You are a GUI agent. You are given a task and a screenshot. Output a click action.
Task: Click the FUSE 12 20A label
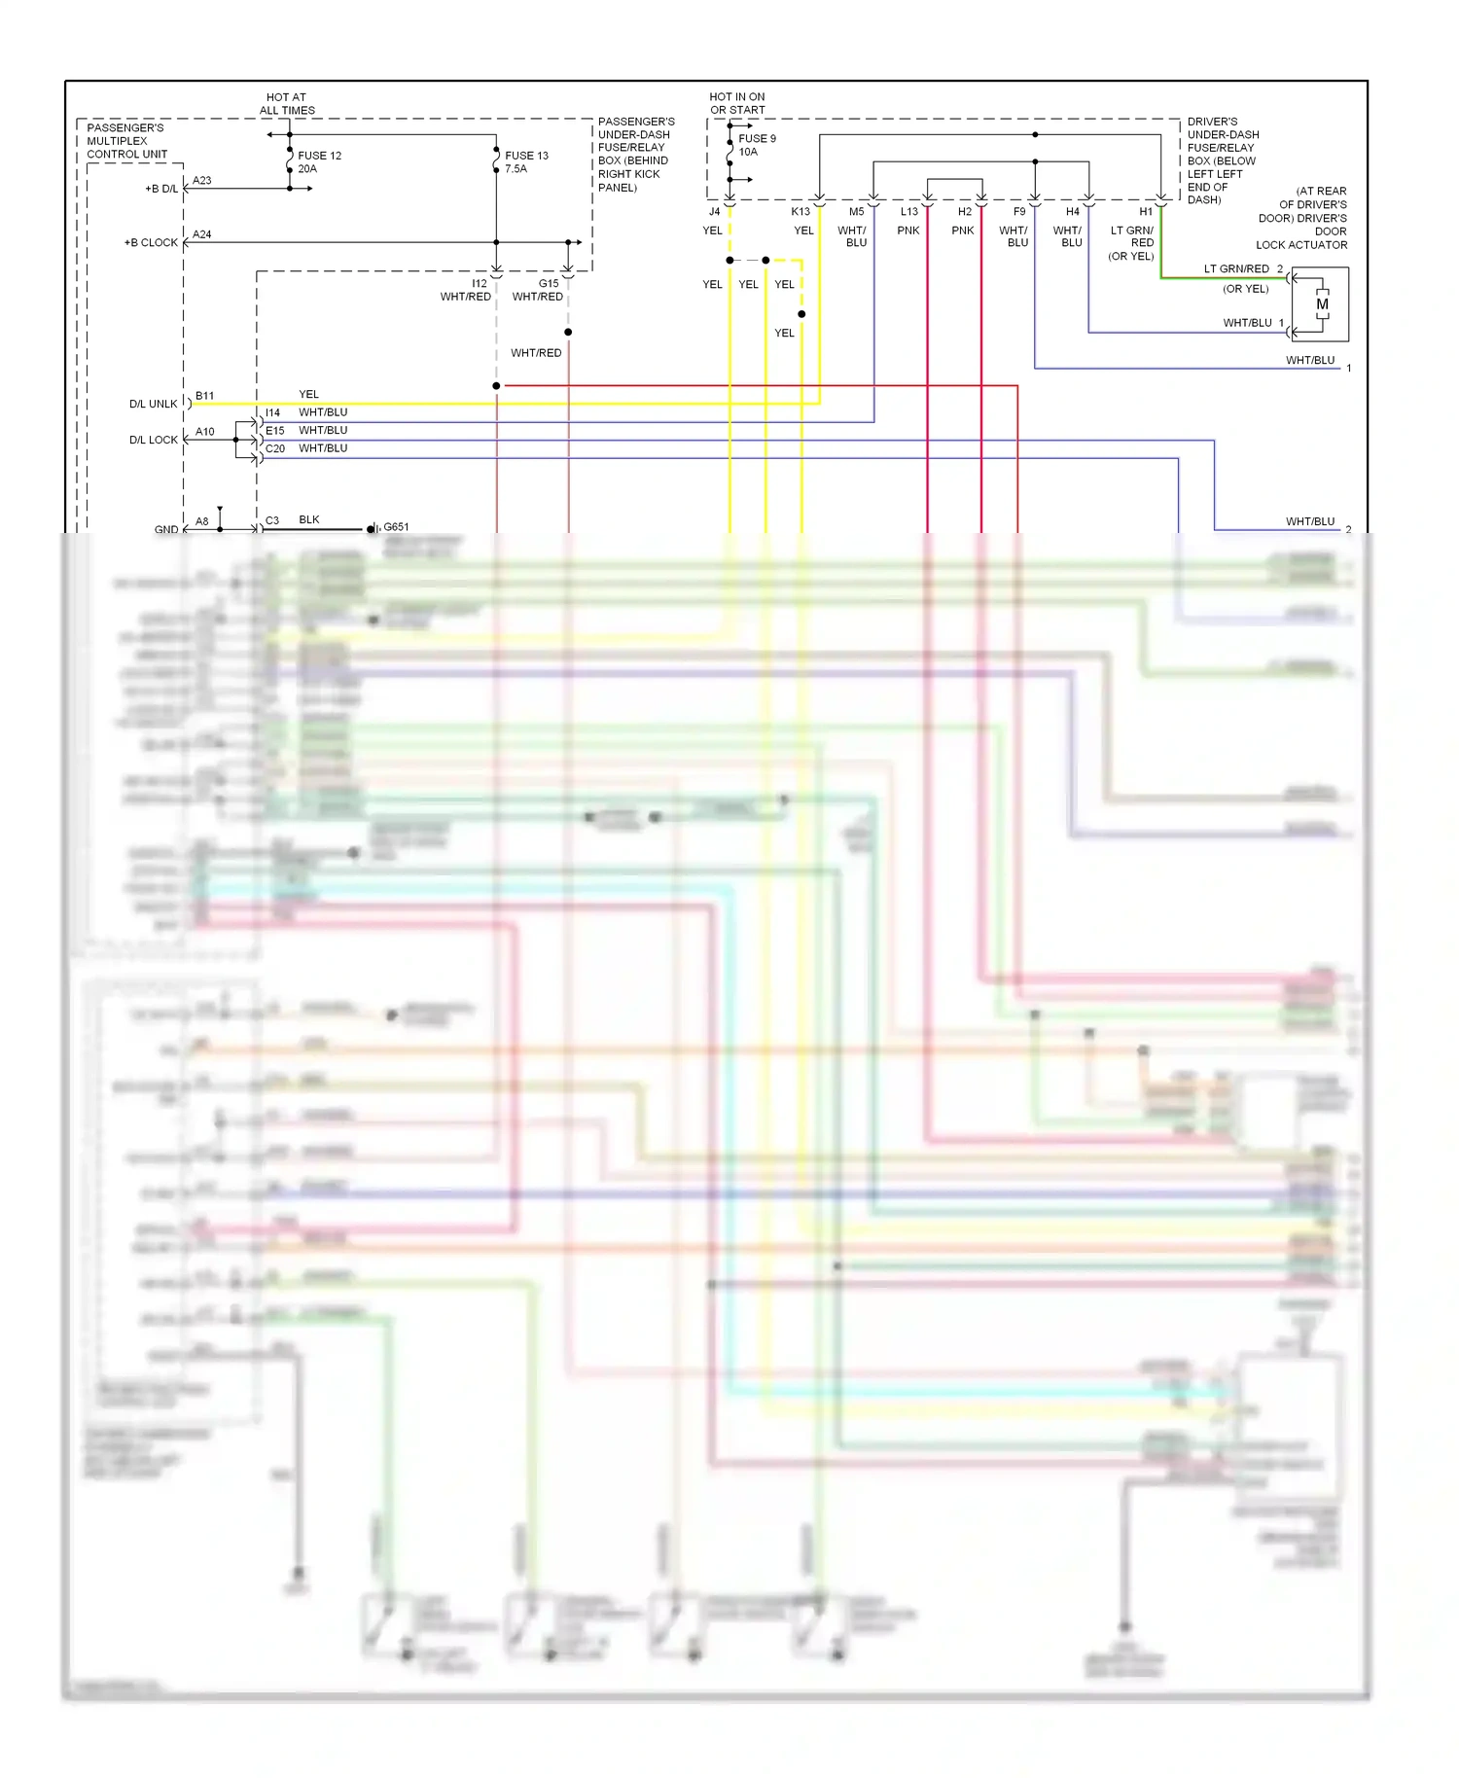tap(318, 161)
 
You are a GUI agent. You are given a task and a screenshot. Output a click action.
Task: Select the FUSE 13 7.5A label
tap(525, 161)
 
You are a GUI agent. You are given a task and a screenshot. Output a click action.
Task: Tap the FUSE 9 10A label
tap(756, 145)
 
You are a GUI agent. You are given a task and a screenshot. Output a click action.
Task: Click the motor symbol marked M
tap(1322, 304)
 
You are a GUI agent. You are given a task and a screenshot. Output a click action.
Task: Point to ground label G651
tap(396, 527)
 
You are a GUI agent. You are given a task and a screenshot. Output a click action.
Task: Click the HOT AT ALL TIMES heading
tap(287, 104)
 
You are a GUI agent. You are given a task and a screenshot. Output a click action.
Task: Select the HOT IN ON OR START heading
tap(737, 103)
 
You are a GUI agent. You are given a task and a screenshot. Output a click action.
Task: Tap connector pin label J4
tap(714, 212)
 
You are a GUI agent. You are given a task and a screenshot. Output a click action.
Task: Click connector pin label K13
tap(801, 212)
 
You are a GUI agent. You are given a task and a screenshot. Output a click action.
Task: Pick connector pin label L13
tap(909, 212)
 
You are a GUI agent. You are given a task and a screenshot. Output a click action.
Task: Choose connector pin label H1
tap(1146, 212)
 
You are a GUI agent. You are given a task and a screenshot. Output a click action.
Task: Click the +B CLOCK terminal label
tap(151, 242)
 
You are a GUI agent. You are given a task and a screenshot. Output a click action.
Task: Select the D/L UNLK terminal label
tap(154, 404)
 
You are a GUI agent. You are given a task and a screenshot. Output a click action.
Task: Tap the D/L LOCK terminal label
tap(154, 440)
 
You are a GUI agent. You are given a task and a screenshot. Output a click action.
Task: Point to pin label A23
tap(202, 181)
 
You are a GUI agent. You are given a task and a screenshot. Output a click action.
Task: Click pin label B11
tap(204, 396)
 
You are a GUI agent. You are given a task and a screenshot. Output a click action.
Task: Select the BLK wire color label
tap(309, 520)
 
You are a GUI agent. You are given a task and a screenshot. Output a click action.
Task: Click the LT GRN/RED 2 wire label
tap(1243, 269)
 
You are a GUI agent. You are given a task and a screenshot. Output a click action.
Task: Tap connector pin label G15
tap(549, 284)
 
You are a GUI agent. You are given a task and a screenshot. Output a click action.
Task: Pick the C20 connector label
tap(275, 449)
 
